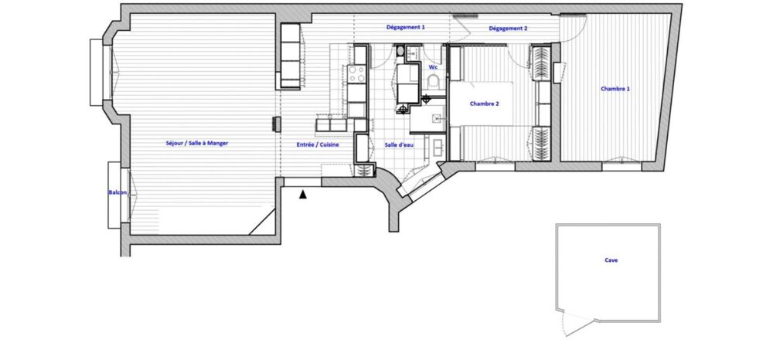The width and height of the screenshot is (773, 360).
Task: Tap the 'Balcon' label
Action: coord(117,192)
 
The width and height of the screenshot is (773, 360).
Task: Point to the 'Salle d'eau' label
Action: coord(400,144)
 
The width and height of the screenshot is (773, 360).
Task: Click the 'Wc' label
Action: coord(433,67)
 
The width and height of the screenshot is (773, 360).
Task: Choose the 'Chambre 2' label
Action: coord(485,104)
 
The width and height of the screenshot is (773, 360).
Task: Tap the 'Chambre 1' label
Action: coord(615,89)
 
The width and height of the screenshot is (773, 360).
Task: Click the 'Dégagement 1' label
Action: coord(406,27)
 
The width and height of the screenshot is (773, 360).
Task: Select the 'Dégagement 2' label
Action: coord(508,29)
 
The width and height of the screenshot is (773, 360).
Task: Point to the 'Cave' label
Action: coord(611,260)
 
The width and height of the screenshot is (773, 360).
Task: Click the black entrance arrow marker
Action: coord(303,195)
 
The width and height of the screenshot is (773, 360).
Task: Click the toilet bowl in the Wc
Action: coord(434,82)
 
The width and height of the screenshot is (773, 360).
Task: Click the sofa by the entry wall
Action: coord(290,56)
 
